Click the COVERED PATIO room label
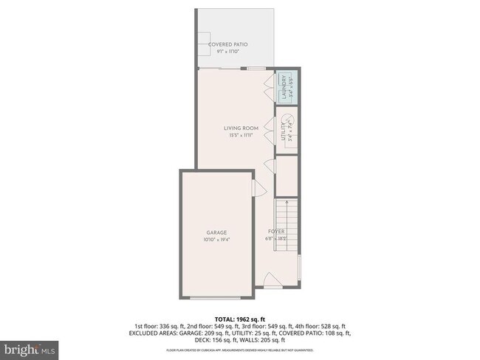(x=227, y=44)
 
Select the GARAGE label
(x=216, y=232)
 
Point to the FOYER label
(x=276, y=232)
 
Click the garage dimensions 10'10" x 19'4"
(x=216, y=240)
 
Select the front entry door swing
(x=271, y=280)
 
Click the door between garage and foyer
(x=258, y=189)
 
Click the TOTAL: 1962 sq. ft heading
(x=239, y=319)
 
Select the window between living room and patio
(x=256, y=69)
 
